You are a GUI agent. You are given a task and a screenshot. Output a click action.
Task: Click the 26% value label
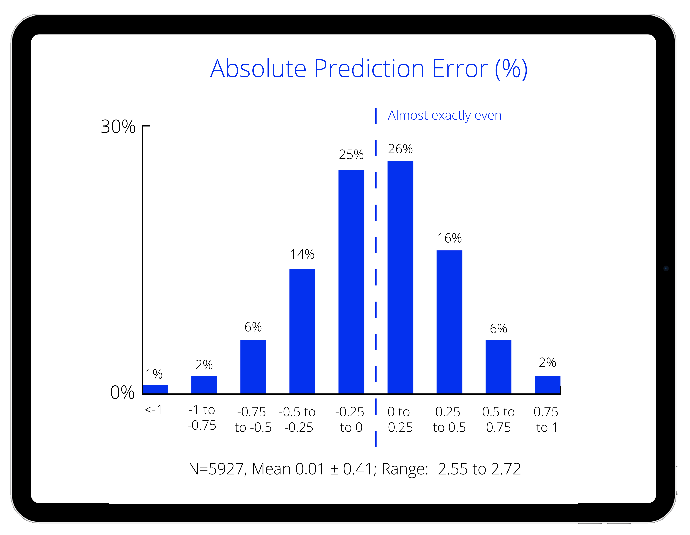click(x=400, y=149)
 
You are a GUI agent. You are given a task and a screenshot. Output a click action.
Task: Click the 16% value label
click(x=449, y=238)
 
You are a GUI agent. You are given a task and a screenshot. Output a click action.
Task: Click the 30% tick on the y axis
click(x=118, y=127)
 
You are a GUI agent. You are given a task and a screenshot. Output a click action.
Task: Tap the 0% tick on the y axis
click(x=122, y=393)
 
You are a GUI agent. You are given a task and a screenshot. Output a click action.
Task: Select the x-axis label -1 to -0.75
click(x=202, y=418)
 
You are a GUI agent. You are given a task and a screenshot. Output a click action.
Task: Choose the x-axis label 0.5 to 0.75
click(x=498, y=420)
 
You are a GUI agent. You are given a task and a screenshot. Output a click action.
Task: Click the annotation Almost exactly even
click(x=445, y=115)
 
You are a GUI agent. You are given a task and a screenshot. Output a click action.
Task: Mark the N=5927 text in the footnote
click(x=217, y=469)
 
